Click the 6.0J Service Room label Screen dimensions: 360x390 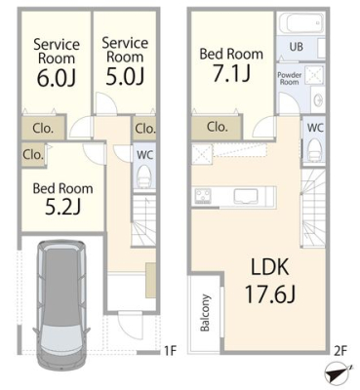(x=57, y=62)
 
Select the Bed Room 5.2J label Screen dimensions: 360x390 (x=62, y=199)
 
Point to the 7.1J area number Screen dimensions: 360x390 (x=231, y=73)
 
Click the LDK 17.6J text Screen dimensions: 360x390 (x=269, y=281)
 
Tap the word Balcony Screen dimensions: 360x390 (x=205, y=313)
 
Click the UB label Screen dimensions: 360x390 (x=296, y=47)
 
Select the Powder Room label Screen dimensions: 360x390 (x=289, y=78)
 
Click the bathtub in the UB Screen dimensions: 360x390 (x=301, y=23)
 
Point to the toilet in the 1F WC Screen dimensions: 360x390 (x=144, y=176)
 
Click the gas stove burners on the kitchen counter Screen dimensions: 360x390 (x=203, y=196)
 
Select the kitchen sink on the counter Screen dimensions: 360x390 (x=246, y=196)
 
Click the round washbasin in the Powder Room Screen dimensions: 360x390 (x=319, y=99)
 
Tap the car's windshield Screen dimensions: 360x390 (x=60, y=335)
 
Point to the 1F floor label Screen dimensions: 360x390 (x=170, y=351)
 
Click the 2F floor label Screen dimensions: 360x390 (x=340, y=351)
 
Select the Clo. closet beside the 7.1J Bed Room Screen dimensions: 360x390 (x=217, y=127)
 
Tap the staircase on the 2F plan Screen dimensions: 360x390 (x=313, y=209)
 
